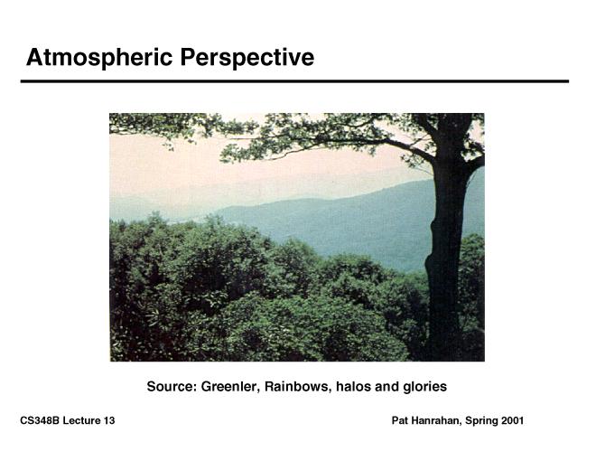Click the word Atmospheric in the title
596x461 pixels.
(x=99, y=58)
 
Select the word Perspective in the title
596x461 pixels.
(x=247, y=58)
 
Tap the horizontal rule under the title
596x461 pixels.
(x=294, y=81)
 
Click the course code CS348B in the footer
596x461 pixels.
(x=40, y=420)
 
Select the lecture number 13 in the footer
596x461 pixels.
(x=108, y=420)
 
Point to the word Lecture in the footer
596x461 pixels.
(x=81, y=420)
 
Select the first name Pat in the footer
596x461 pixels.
(x=399, y=420)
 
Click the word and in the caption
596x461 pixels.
(x=386, y=387)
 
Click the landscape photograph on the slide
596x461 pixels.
(x=297, y=237)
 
